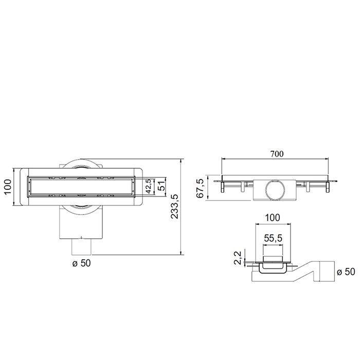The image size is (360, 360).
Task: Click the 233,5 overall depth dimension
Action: (175, 206)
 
